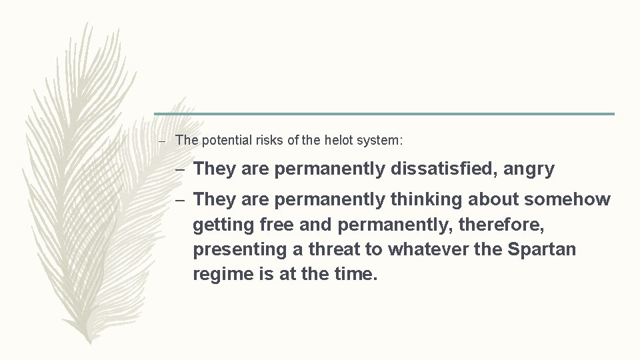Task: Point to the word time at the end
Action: (358, 274)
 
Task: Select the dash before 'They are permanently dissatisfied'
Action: (181, 169)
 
